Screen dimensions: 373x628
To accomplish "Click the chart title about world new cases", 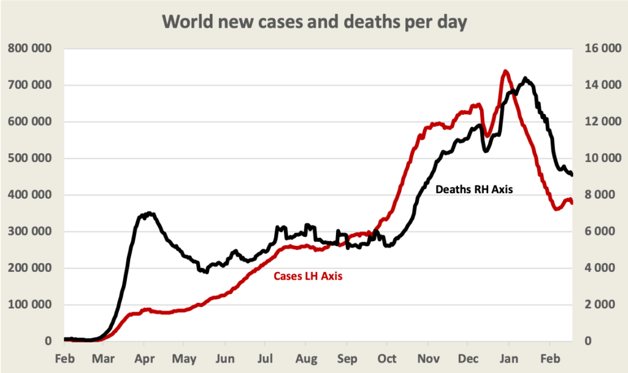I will coord(314,22).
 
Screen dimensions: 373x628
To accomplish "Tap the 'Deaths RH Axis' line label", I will coord(473,190).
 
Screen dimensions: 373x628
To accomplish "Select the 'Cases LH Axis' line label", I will coord(308,276).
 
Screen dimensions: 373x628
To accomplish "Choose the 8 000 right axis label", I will coord(597,195).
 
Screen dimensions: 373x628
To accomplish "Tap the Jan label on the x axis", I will coord(509,358).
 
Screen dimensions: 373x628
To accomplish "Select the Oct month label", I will coord(387,358).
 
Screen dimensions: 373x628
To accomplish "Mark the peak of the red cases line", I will coord(506,71).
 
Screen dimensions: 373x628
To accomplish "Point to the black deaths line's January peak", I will coord(526,79).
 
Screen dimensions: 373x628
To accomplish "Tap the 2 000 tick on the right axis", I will coord(597,305).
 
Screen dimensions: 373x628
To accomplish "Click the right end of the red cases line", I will coord(572,202).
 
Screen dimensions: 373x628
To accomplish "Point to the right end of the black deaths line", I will coord(572,175).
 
